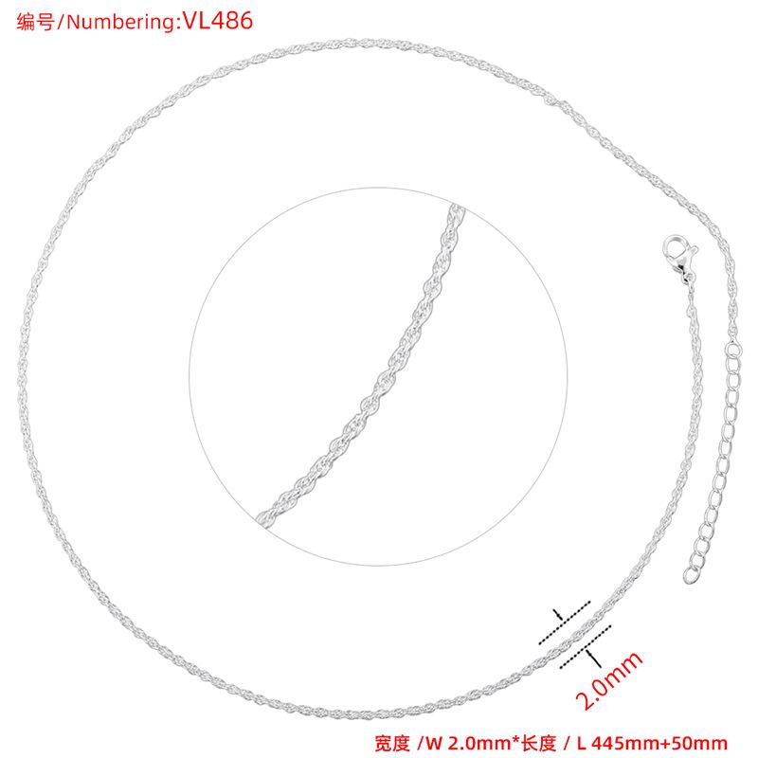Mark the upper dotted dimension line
(x=565, y=622)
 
